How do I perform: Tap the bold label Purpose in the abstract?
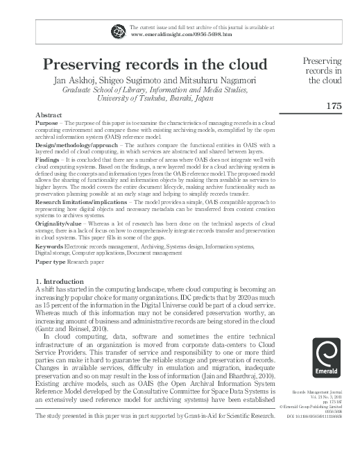coord(47,121)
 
